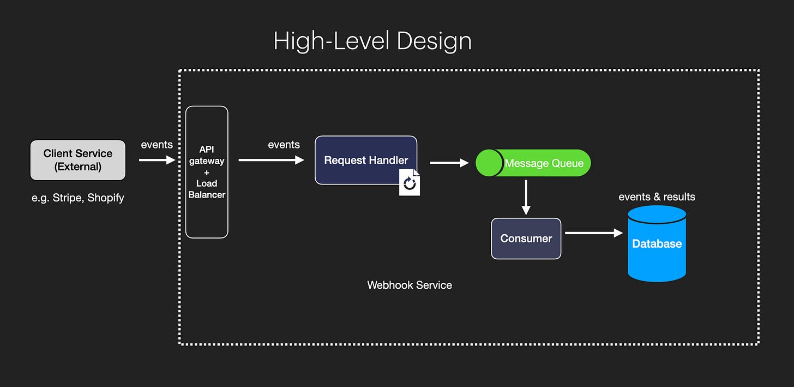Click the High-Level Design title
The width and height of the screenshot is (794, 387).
click(372, 41)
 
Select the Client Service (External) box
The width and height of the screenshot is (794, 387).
click(77, 160)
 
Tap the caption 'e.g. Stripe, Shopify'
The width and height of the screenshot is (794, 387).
click(77, 198)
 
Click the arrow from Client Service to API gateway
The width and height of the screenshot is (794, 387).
click(157, 160)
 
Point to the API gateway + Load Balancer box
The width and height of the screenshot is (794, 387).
click(207, 172)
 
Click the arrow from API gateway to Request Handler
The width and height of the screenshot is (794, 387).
click(271, 160)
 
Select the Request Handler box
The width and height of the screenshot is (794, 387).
click(365, 160)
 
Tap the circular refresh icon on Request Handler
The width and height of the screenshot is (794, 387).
click(410, 184)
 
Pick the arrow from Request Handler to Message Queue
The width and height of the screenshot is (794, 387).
click(449, 163)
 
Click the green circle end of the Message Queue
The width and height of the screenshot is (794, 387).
click(489, 163)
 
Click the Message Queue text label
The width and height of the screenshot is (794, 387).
click(544, 163)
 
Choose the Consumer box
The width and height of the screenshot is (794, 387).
click(526, 239)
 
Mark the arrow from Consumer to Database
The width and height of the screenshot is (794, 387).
click(593, 233)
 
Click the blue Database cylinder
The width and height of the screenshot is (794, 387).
click(657, 244)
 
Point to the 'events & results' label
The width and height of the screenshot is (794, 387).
click(657, 197)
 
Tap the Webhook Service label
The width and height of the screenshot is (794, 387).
click(410, 285)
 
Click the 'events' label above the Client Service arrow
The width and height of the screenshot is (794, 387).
click(157, 145)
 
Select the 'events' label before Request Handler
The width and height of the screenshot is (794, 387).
click(284, 145)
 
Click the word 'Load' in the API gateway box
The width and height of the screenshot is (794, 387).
click(207, 183)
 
